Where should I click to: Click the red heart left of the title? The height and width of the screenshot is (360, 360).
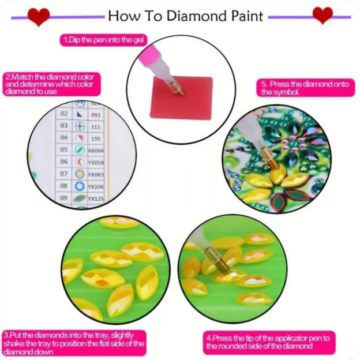(39, 16)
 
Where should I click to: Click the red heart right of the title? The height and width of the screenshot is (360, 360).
(322, 15)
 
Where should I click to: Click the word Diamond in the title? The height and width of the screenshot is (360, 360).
(194, 16)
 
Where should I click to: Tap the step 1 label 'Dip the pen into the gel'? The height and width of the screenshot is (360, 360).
(104, 40)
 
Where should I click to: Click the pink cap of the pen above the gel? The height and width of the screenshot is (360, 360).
(155, 54)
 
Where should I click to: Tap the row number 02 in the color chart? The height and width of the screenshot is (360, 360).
(64, 114)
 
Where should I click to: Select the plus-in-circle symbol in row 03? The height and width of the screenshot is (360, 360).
(80, 126)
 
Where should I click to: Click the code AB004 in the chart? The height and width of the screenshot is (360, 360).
(95, 150)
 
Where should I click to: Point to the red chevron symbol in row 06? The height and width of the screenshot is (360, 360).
(80, 162)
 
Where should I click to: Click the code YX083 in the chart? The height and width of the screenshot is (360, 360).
(96, 174)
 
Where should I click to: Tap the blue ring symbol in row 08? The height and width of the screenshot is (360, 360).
(80, 186)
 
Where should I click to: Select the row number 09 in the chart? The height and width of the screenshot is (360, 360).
(64, 198)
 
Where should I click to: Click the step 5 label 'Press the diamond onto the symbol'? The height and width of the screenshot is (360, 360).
(305, 88)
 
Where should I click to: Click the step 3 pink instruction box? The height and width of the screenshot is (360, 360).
(74, 343)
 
